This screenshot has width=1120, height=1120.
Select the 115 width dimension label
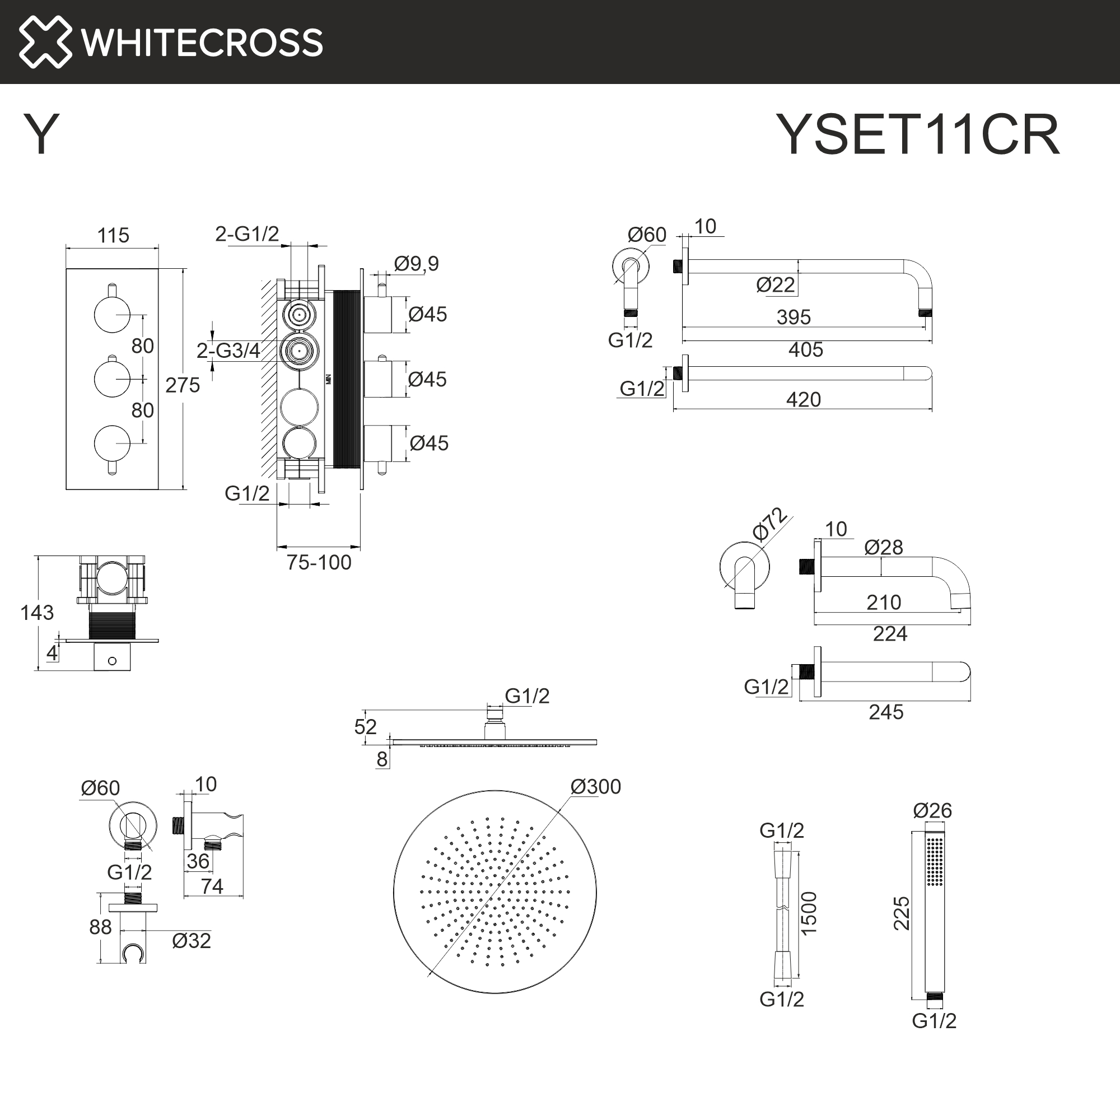tap(113, 235)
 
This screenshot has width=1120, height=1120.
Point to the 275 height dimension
tap(183, 385)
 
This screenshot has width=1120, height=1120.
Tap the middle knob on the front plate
tap(112, 379)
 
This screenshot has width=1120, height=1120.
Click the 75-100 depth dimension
tap(319, 562)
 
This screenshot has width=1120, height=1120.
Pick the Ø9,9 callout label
tap(416, 264)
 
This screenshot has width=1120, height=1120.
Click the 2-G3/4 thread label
tap(228, 350)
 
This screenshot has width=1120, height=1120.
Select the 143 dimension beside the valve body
tap(36, 613)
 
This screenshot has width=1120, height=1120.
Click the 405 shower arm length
tap(805, 349)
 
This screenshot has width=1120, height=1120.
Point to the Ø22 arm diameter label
tap(775, 284)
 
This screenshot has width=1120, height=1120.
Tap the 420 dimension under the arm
tap(803, 399)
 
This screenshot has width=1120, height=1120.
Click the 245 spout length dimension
tap(886, 712)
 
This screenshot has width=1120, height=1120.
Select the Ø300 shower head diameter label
tap(595, 787)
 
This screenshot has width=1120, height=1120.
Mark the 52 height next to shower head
tap(365, 727)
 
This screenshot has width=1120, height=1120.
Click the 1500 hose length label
tap(809, 913)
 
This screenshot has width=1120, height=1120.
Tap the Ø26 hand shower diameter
tap(932, 810)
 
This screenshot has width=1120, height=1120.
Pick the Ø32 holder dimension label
tap(192, 941)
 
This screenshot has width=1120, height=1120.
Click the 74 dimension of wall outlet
tap(212, 886)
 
